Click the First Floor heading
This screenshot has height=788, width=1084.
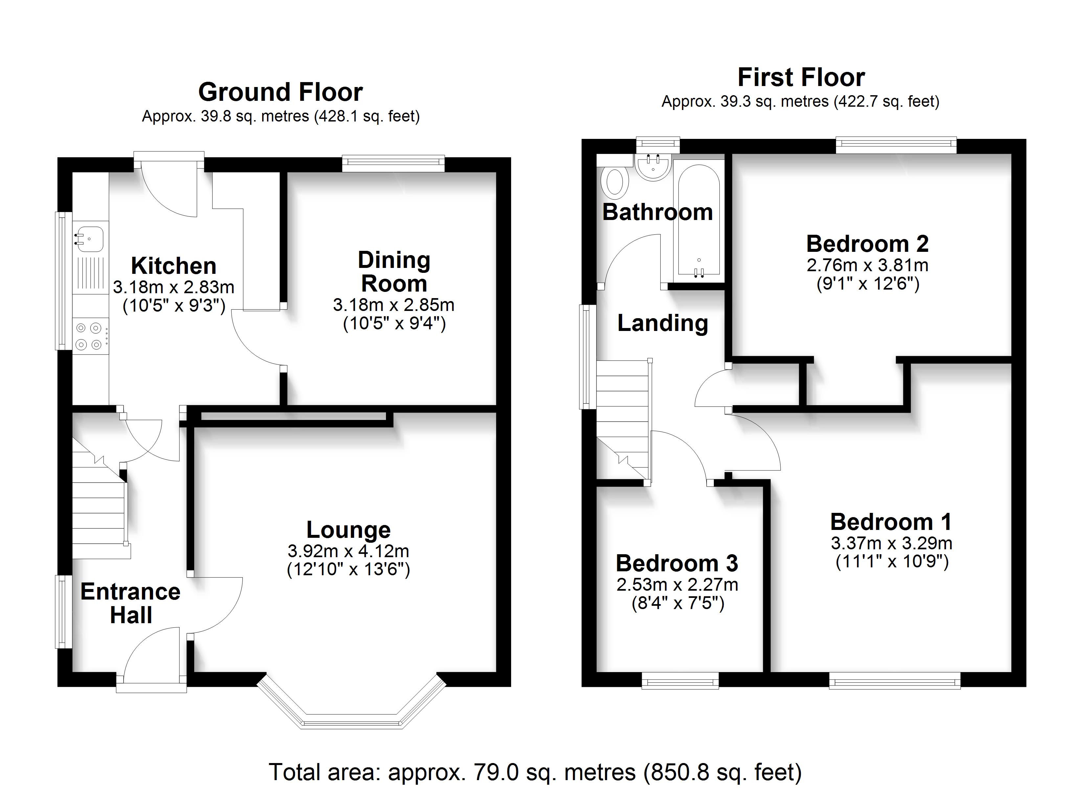tap(801, 77)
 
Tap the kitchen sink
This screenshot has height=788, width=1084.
tap(89, 238)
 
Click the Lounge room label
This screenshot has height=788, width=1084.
tap(349, 530)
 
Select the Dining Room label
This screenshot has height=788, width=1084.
tap(394, 272)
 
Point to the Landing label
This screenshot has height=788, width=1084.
tap(663, 323)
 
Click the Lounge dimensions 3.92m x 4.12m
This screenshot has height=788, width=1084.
tap(349, 552)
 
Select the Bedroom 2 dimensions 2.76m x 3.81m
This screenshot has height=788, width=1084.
tap(868, 265)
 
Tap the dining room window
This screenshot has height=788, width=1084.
tap(393, 164)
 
